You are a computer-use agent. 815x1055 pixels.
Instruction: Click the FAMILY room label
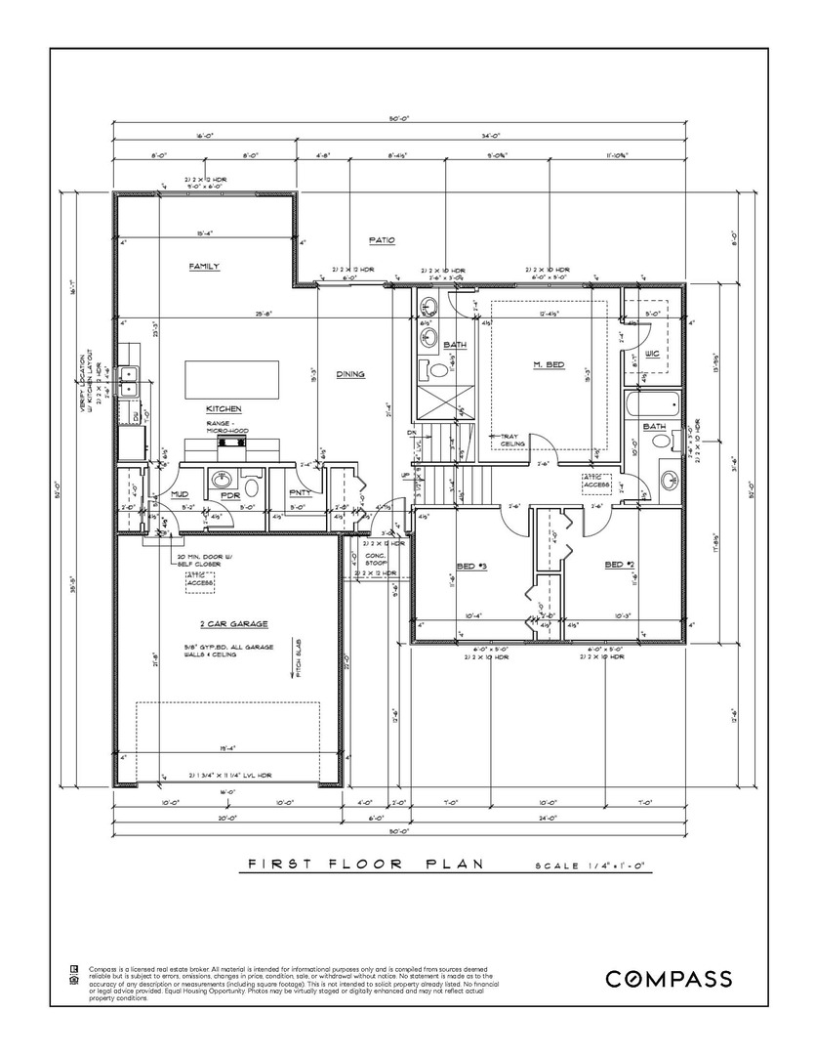coord(204,266)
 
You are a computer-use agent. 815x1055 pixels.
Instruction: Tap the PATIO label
coord(381,239)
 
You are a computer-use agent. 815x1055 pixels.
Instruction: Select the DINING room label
coord(350,374)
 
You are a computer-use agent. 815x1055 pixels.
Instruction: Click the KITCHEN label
coord(224,408)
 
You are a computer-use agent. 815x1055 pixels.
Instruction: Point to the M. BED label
coord(549,364)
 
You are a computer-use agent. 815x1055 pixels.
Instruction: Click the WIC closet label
coord(652,352)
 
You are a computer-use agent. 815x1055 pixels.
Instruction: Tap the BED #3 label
coord(471,566)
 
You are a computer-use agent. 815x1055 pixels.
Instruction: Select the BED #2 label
coord(620,565)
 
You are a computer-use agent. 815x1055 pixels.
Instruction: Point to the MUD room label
coord(180,494)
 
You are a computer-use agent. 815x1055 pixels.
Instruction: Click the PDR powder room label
coord(231,494)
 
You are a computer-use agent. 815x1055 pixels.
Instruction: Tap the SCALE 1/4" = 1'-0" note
coord(591,866)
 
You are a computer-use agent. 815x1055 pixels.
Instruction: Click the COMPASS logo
coord(669,979)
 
